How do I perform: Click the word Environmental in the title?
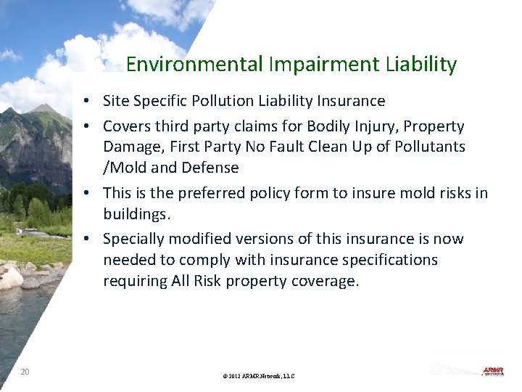pyautogui.click(x=194, y=65)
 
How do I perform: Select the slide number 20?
pyautogui.click(x=25, y=372)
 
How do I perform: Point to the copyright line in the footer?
pyautogui.click(x=259, y=376)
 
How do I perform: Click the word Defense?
pyautogui.click(x=212, y=168)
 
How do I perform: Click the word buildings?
pyautogui.click(x=136, y=214)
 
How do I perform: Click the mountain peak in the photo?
pyautogui.click(x=45, y=109)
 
